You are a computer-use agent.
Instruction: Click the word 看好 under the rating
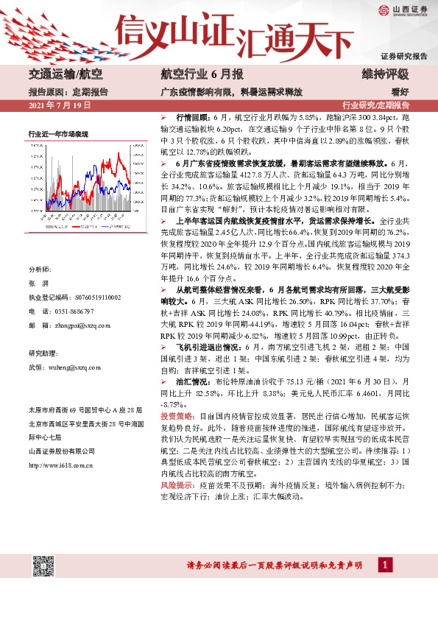[x=400, y=93]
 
